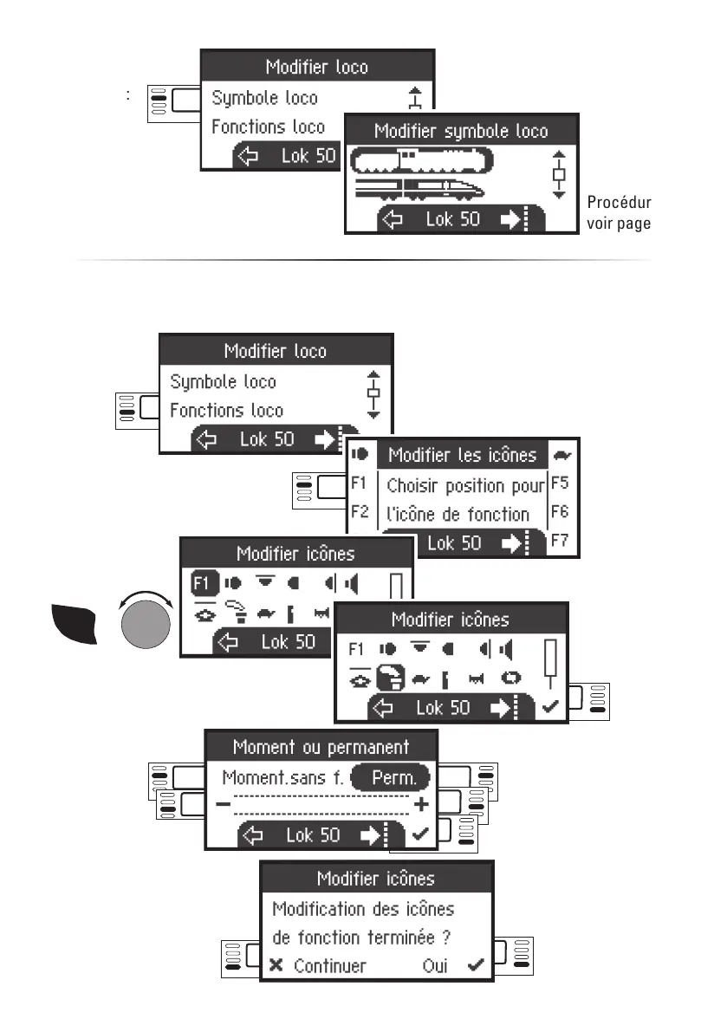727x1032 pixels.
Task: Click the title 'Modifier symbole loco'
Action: point(461,131)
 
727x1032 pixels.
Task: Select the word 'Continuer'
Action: point(330,965)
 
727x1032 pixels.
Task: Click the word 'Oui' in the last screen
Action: point(435,965)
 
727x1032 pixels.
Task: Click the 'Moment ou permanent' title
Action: point(321,746)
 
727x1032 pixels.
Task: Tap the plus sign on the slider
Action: point(422,805)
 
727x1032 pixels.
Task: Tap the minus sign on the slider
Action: point(224,805)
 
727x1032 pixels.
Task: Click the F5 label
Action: point(560,483)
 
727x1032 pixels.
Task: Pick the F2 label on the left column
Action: point(360,511)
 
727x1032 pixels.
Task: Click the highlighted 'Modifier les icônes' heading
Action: point(462,455)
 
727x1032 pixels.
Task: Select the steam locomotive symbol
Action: point(421,160)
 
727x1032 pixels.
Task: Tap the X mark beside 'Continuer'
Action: point(276,965)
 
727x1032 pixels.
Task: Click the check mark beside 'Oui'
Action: point(475,965)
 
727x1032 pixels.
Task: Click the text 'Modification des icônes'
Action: point(363,909)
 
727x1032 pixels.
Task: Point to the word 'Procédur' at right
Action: point(619,203)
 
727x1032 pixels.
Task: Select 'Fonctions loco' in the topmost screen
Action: point(268,127)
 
